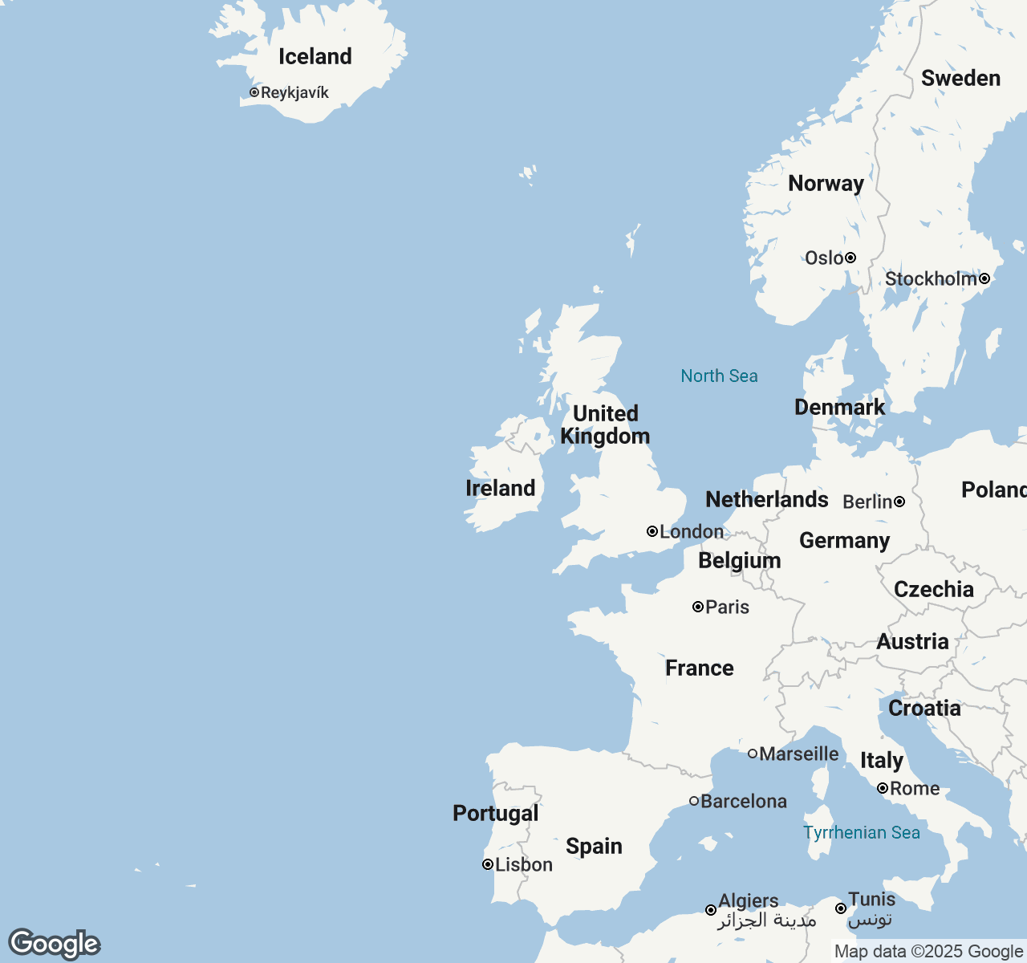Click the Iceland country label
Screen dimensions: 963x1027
[315, 56]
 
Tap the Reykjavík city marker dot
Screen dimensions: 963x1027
[254, 92]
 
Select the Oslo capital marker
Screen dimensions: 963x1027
[850, 258]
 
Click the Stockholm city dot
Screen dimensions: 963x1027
[984, 278]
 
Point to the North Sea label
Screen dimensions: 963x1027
[719, 376]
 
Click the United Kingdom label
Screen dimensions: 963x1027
[605, 425]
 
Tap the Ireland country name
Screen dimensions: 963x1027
[500, 488]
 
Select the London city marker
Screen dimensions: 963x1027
[652, 531]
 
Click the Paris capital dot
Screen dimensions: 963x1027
[698, 607]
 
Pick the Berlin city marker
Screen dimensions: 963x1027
[899, 502]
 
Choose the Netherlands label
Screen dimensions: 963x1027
[766, 499]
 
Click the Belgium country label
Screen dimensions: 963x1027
[739, 560]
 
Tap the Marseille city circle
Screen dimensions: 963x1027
[753, 754]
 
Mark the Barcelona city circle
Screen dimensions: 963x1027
[694, 801]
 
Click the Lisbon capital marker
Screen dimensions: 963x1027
[488, 864]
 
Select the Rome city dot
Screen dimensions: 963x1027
[883, 788]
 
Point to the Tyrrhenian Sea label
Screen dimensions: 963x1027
[862, 832]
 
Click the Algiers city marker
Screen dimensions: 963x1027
[711, 910]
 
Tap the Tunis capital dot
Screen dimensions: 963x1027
[841, 908]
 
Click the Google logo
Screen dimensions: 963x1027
[54, 944]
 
